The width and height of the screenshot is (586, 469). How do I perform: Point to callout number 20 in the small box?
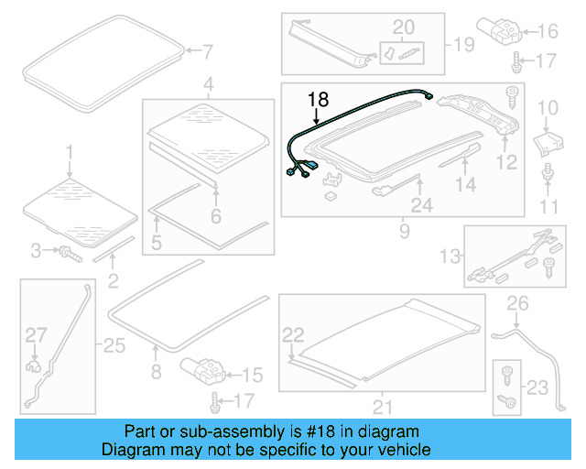[x=403, y=27]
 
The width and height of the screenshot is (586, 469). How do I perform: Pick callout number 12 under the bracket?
[x=506, y=162]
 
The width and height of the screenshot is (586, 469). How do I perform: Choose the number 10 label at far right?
[x=547, y=110]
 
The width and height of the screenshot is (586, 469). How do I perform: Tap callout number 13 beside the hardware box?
[x=451, y=254]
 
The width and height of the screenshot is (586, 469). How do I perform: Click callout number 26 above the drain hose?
[x=518, y=303]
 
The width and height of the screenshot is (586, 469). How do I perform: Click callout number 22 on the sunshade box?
[x=292, y=333]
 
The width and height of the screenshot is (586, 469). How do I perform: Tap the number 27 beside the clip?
[x=35, y=335]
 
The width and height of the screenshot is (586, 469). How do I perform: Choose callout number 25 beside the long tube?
[x=113, y=345]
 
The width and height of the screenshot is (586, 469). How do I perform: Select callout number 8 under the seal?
[x=156, y=371]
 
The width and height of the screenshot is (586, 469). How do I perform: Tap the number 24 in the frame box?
[x=421, y=207]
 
